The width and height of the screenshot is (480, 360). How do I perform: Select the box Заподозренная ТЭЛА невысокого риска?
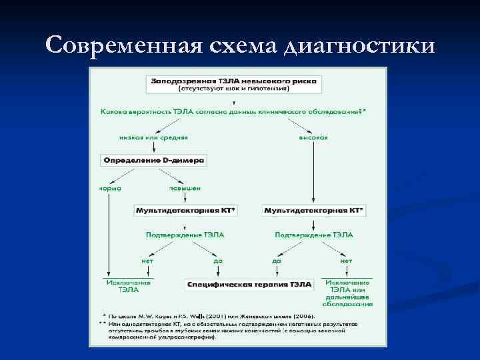(x=233, y=83)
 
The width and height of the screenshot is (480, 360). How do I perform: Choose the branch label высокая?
(x=313, y=137)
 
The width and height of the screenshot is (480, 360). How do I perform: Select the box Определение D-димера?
(x=153, y=160)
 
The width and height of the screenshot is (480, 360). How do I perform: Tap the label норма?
(x=109, y=188)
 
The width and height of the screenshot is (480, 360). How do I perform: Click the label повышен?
(x=184, y=188)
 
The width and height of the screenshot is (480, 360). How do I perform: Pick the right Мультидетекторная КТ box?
(x=314, y=210)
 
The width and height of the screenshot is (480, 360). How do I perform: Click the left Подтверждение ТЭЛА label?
(x=185, y=235)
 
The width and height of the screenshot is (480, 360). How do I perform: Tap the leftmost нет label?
(x=147, y=261)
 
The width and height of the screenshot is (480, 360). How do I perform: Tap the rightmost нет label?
(x=346, y=261)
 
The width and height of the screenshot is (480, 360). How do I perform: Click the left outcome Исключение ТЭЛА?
(x=128, y=286)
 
